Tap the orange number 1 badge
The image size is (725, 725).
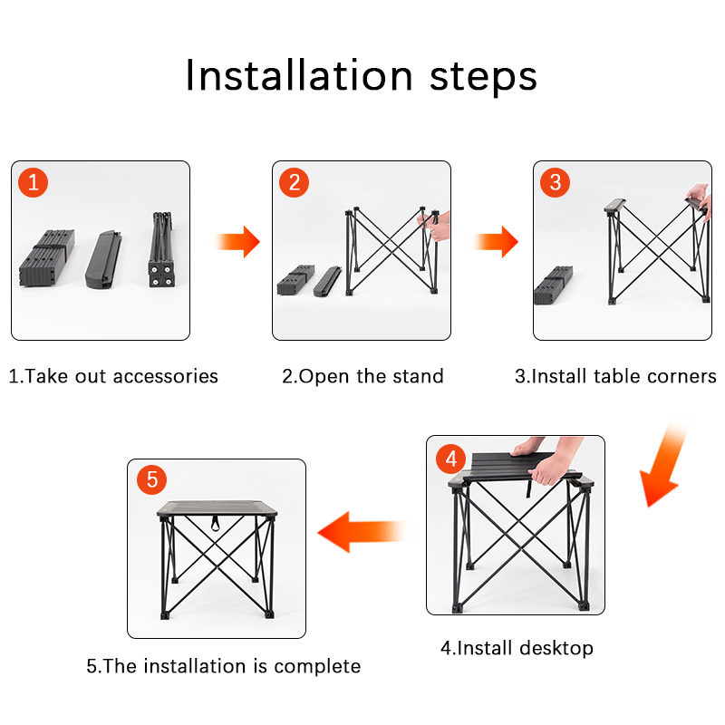34,183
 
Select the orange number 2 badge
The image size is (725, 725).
294,183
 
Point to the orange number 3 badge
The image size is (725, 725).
555,183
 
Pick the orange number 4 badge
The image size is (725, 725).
451,459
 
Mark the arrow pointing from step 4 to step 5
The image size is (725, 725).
362,530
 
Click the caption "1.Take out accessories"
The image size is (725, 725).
113,376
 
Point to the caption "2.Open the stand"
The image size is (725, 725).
362,376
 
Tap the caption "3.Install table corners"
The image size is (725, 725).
616,376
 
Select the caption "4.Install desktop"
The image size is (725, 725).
517,648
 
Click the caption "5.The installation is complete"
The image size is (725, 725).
224,666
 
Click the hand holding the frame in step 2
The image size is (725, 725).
436,224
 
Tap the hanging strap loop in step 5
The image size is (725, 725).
217,523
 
